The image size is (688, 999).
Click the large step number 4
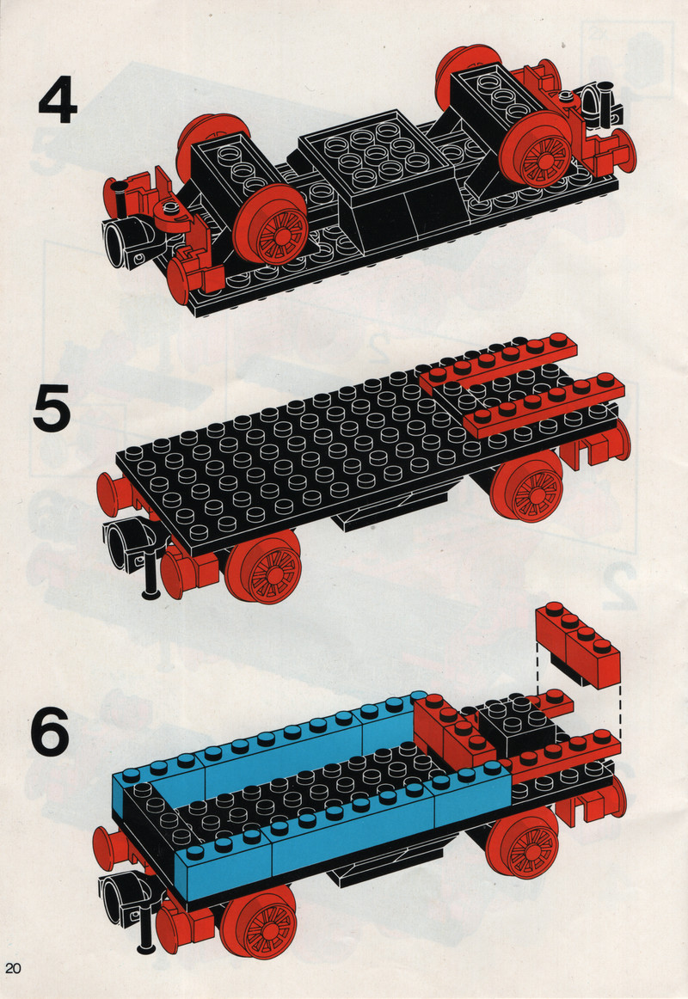tap(58, 101)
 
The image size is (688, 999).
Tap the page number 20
tap(13, 968)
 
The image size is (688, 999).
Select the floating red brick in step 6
tap(577, 644)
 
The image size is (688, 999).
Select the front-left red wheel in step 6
tap(259, 921)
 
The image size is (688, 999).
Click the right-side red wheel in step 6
tap(524, 843)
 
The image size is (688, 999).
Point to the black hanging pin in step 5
tap(151, 572)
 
